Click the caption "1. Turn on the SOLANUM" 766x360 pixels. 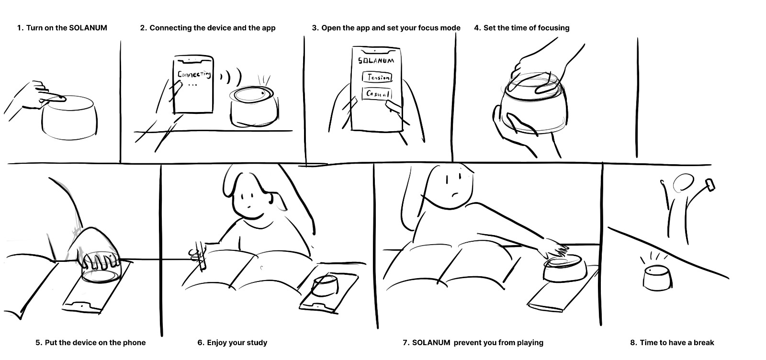click(62, 28)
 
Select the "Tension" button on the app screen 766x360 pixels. click(377, 77)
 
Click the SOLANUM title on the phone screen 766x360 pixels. click(376, 61)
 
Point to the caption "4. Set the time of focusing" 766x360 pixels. click(521, 28)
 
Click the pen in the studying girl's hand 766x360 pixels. click(200, 259)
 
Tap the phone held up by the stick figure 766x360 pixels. click(710, 184)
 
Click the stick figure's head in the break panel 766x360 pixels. click(683, 183)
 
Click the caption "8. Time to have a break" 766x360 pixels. click(672, 343)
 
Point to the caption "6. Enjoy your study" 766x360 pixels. click(232, 343)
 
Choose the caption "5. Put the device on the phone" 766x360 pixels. click(90, 343)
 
